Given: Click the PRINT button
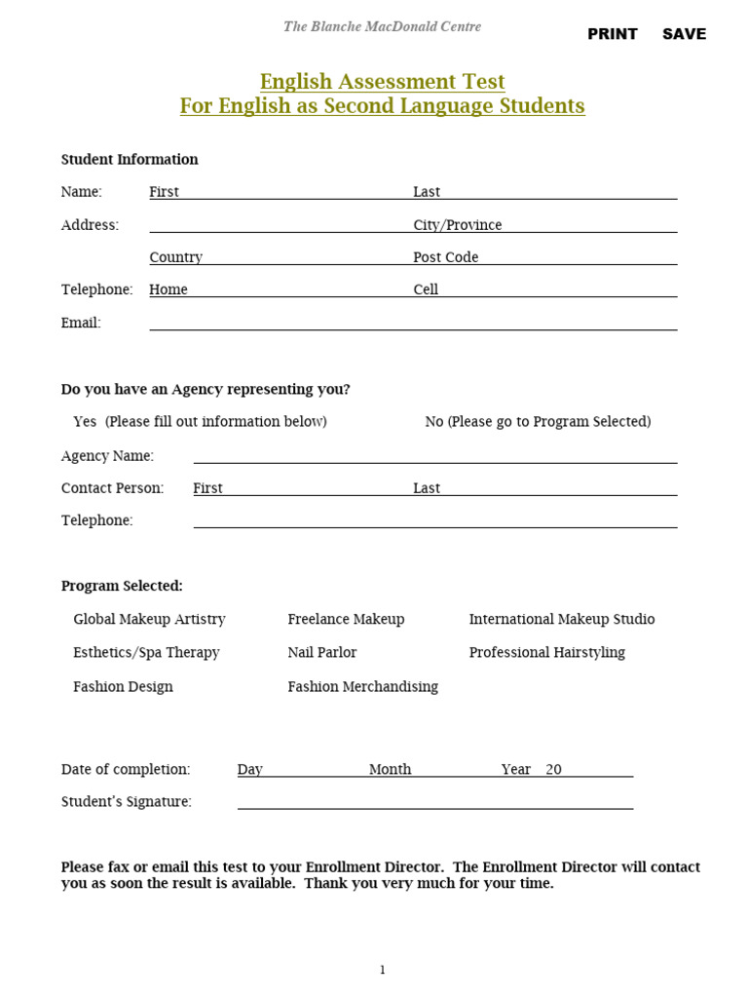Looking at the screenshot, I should pyautogui.click(x=612, y=34).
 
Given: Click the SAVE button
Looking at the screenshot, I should pyautogui.click(x=684, y=34).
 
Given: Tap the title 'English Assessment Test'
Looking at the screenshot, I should pyautogui.click(x=382, y=81).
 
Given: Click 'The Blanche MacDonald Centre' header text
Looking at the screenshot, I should pyautogui.click(x=382, y=26).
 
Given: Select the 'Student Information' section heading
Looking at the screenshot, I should pyautogui.click(x=130, y=160).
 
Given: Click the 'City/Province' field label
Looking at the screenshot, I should pyautogui.click(x=458, y=225).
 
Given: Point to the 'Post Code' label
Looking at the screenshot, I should pyautogui.click(x=446, y=257).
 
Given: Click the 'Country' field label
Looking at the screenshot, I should pyautogui.click(x=175, y=257).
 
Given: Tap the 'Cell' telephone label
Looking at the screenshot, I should pyautogui.click(x=426, y=289).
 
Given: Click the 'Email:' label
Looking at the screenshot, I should pyautogui.click(x=81, y=323).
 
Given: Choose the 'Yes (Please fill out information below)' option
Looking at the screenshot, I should pyautogui.click(x=200, y=422).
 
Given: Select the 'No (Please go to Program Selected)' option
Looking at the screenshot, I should pyautogui.click(x=538, y=422).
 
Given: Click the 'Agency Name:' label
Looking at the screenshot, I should pyautogui.click(x=107, y=456).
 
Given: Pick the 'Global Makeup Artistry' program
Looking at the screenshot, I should pyautogui.click(x=149, y=620).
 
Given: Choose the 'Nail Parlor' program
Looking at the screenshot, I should pyautogui.click(x=322, y=653).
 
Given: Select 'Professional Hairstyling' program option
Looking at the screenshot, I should pyautogui.click(x=546, y=653).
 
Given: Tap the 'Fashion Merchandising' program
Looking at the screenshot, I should pyautogui.click(x=362, y=687).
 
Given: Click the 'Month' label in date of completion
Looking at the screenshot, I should pyautogui.click(x=390, y=770).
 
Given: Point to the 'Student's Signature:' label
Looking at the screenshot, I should pyautogui.click(x=126, y=802).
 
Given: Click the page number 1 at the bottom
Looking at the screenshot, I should pyautogui.click(x=383, y=970).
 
